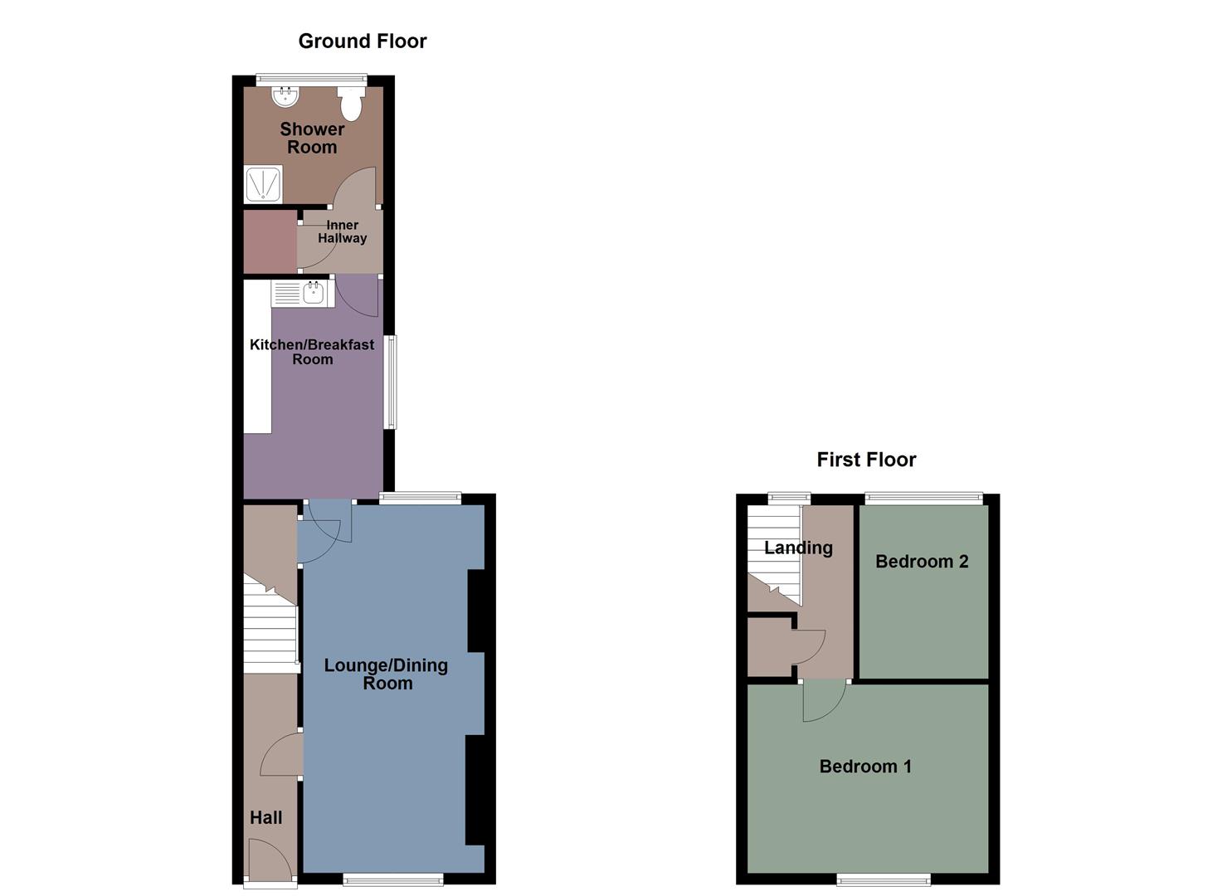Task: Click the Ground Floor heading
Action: (362, 41)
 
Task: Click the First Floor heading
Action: (866, 460)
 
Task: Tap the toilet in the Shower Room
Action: (352, 104)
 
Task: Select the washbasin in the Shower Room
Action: (284, 97)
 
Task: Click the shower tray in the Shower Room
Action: (263, 184)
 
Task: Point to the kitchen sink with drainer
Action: (302, 293)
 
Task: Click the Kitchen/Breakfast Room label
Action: (312, 352)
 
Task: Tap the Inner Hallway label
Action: (342, 231)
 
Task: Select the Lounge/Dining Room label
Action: (386, 674)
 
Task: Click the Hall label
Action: (266, 818)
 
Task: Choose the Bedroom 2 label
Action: (922, 562)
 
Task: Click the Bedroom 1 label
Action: (865, 767)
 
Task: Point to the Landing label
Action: (798, 548)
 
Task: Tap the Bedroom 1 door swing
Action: (821, 699)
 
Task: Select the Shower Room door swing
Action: (356, 187)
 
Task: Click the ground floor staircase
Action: (270, 635)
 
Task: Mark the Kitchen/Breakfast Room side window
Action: (390, 382)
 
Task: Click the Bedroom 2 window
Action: (923, 498)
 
